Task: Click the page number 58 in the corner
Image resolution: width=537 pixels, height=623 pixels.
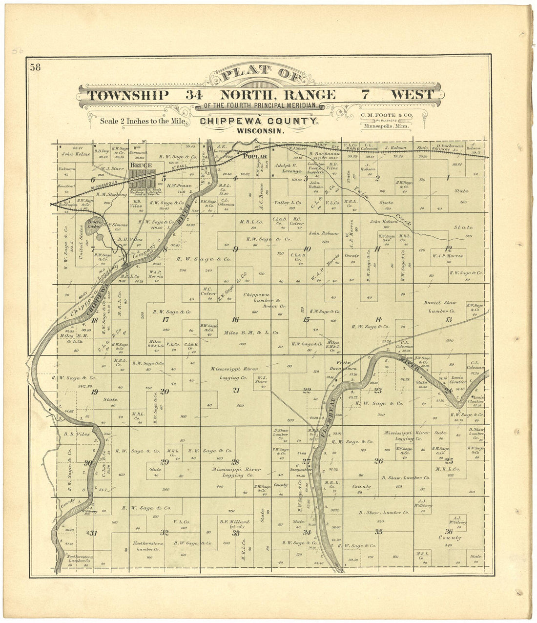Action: [x=35, y=67]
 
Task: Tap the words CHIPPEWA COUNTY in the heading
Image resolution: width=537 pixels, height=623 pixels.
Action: [x=259, y=122]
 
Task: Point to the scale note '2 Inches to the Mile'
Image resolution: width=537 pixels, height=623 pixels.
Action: [x=142, y=121]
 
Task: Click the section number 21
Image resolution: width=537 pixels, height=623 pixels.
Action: [x=236, y=390]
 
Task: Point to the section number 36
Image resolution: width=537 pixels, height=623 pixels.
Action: [x=449, y=531]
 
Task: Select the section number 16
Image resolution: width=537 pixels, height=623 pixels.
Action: [x=235, y=320]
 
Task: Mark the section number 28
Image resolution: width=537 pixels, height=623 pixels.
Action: [x=235, y=462]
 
